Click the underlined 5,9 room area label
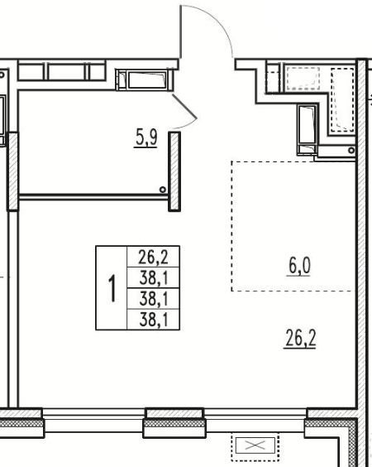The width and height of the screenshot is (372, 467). click(x=145, y=139)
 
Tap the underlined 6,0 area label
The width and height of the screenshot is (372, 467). click(x=299, y=267)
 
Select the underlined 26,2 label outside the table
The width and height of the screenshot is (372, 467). click(x=300, y=339)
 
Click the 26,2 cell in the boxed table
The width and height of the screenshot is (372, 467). click(x=153, y=257)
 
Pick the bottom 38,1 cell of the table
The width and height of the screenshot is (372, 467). click(x=153, y=320)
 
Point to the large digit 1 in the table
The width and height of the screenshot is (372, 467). click(x=112, y=289)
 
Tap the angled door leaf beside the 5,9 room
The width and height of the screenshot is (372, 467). click(x=184, y=106)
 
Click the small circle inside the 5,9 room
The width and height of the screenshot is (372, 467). click(x=163, y=190)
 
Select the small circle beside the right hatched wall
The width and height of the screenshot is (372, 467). click(x=351, y=150)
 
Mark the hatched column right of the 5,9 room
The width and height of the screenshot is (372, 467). click(x=174, y=171)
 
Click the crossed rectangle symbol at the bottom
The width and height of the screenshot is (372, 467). click(x=255, y=445)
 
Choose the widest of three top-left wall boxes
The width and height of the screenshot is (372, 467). click(x=67, y=72)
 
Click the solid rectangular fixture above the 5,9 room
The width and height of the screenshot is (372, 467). click(x=145, y=79)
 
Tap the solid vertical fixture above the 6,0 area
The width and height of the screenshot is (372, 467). click(x=308, y=130)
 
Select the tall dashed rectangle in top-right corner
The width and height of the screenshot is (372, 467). click(x=342, y=99)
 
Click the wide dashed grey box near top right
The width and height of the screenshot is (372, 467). click(x=303, y=79)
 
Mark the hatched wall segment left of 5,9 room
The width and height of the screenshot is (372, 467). click(x=12, y=171)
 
